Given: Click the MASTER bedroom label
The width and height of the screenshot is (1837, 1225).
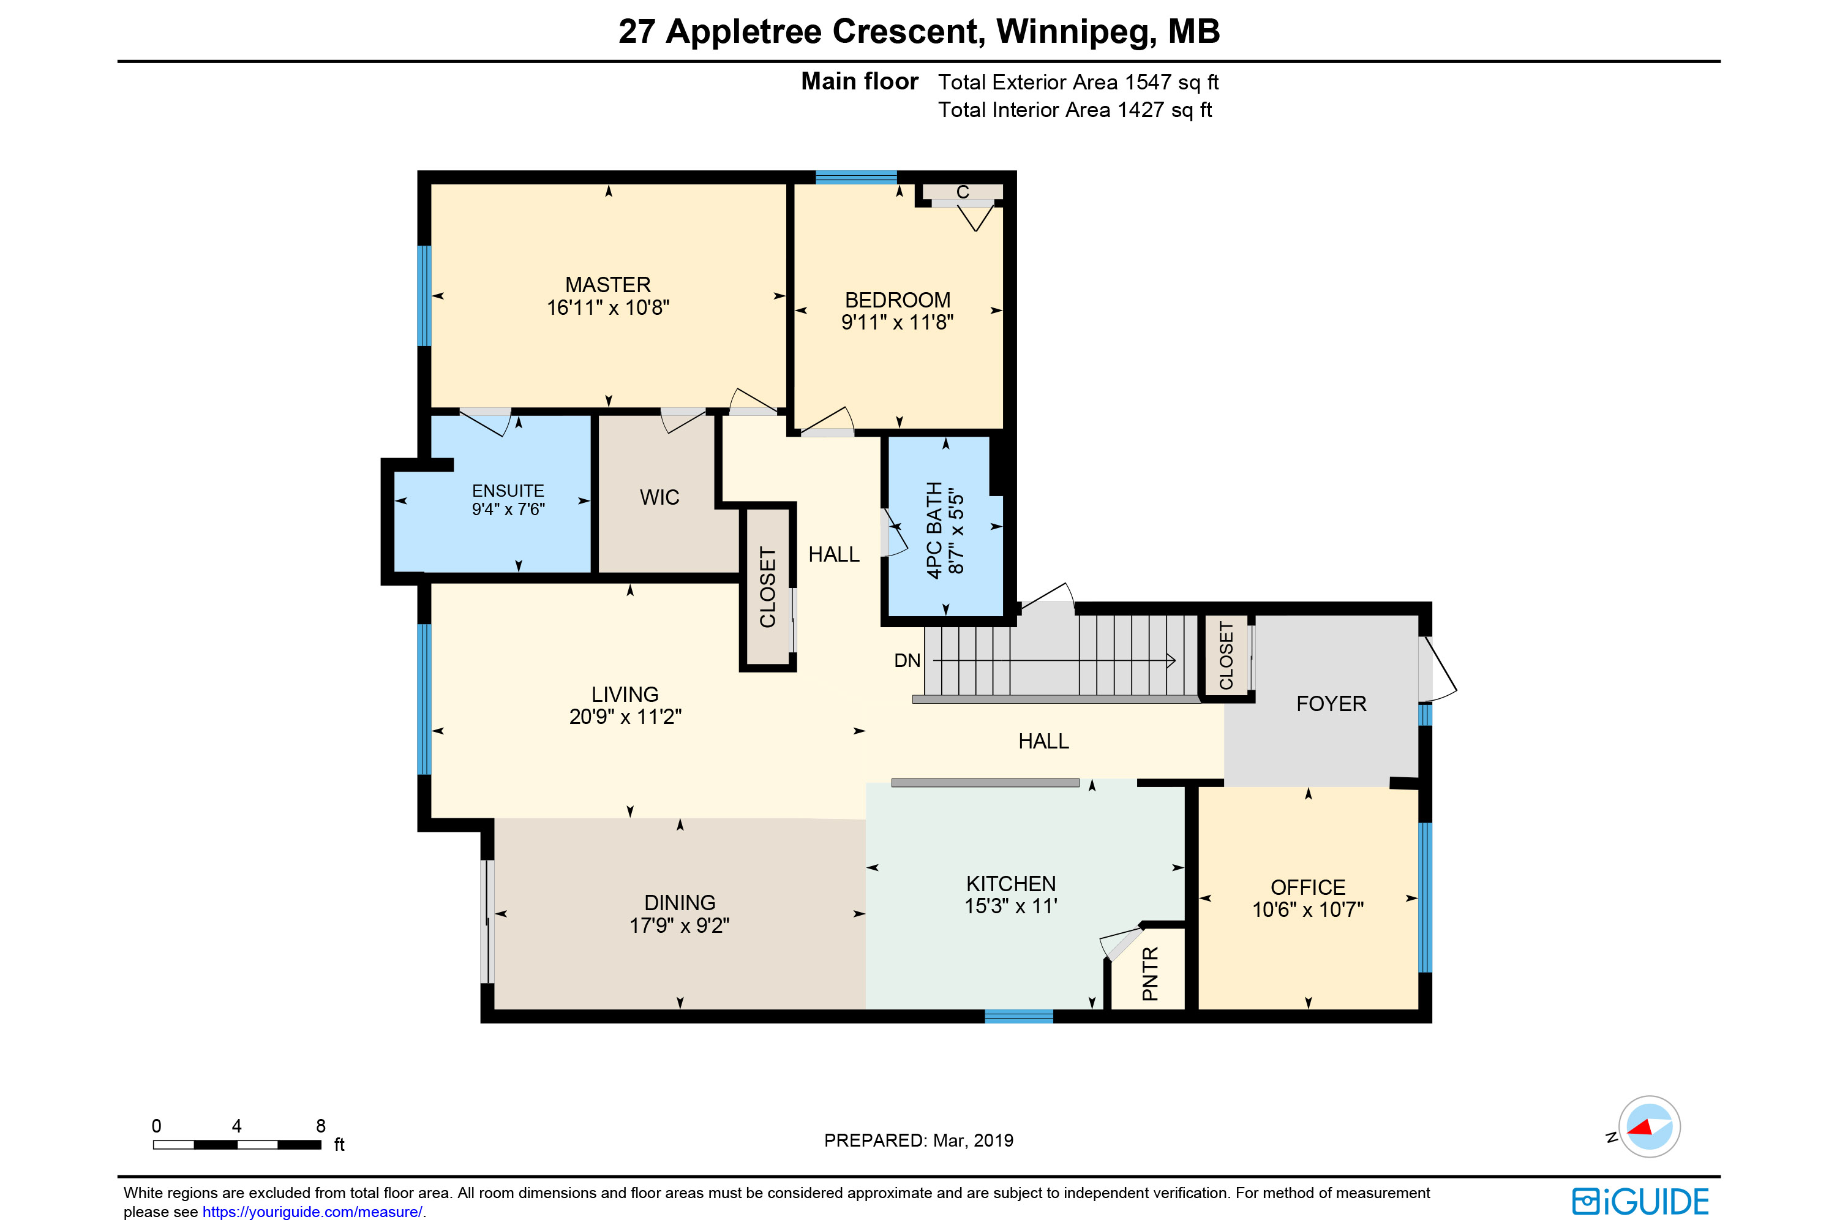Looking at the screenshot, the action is pos(607,284).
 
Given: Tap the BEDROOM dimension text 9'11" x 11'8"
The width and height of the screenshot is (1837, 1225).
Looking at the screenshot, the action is pos(898,322).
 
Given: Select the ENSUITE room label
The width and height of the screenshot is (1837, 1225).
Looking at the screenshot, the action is pos(508,491).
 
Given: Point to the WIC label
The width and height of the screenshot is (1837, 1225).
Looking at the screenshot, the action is pos(659,497).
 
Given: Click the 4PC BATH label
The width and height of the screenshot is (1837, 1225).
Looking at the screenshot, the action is pos(934,530).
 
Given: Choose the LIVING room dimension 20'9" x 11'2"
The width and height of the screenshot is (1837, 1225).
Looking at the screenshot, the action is pos(625,717).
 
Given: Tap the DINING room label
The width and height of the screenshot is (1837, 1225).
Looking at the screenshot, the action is pos(680,902).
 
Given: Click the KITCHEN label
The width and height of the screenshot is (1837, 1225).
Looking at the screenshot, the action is pos(1011,884).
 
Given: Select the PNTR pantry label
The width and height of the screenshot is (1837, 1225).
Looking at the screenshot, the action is pos(1150,973).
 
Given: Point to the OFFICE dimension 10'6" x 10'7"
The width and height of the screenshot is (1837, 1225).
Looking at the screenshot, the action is pos(1308,910).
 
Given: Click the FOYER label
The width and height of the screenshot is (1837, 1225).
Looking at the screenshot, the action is pos(1331,703).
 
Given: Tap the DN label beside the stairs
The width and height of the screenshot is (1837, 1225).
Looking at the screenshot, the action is pos(907,661).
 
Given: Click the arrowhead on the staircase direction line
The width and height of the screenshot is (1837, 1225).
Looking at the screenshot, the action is pos(1171,661).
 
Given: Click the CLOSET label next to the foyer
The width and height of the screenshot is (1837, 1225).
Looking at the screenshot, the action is pos(1227,656).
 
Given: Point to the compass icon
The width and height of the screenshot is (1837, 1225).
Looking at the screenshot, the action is pos(1649,1126).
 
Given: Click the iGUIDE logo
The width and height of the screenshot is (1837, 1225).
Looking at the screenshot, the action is pos(1641,1200).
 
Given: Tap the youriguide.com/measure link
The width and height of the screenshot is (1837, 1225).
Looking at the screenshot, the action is pos(312,1212).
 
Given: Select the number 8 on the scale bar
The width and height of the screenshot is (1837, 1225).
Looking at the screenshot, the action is pos(320,1126).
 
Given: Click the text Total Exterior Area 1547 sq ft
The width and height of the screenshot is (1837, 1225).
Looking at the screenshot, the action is pos(1078,82).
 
